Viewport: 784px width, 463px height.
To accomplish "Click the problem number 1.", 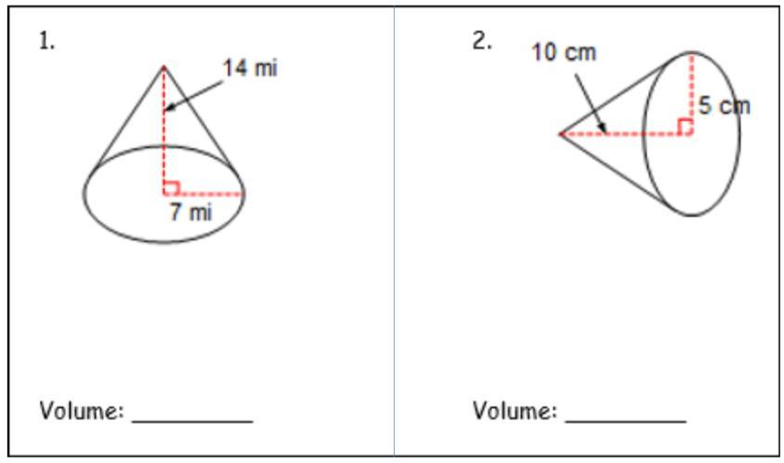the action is (x=46, y=41).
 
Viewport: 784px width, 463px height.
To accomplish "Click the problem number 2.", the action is (x=482, y=41).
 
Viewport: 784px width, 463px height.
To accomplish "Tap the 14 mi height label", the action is (x=250, y=68).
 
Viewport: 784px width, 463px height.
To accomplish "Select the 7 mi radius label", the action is (x=190, y=212).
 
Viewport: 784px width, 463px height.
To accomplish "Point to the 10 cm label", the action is (x=564, y=52).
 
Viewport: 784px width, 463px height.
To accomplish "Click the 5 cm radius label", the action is (x=725, y=106).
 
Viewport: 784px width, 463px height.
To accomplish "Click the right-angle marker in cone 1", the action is (x=171, y=188).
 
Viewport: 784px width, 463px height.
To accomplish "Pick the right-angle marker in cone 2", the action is (x=685, y=126).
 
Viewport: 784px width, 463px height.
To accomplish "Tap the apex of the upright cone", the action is (x=163, y=66).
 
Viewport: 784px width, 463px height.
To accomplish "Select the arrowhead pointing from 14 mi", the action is (x=170, y=107).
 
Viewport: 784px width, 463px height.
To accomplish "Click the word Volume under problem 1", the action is (x=81, y=411).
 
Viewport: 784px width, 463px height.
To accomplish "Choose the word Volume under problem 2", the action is (x=515, y=411).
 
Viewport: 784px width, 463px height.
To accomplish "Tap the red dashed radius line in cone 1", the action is (x=203, y=193).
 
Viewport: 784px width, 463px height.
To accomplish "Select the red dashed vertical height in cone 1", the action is (x=163, y=129).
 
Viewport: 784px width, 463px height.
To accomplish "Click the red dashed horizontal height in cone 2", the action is (x=626, y=134).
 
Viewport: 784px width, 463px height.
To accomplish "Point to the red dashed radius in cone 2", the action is (x=691, y=93).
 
